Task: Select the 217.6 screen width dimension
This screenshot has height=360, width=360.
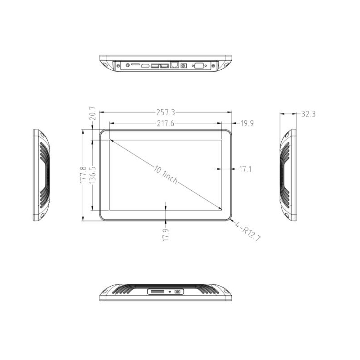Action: tap(165, 123)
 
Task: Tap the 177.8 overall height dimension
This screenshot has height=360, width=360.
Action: tap(83, 175)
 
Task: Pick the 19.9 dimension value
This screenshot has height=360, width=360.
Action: tap(247, 123)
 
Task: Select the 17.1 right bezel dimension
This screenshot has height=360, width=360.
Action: tap(245, 169)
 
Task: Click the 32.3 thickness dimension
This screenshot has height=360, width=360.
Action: tap(308, 114)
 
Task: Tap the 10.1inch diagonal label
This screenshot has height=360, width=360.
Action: tap(166, 175)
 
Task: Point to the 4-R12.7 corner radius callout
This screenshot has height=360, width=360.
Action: tap(248, 231)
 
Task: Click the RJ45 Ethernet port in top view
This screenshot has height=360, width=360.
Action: tap(175, 65)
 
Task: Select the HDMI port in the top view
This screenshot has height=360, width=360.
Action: tap(145, 66)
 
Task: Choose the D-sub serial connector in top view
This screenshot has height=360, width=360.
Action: tap(198, 66)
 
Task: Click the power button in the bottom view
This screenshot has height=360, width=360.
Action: tap(178, 292)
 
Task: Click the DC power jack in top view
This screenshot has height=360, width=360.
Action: tap(184, 66)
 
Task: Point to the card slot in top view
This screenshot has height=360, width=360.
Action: tap(135, 64)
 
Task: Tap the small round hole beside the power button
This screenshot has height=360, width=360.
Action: tap(170, 292)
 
